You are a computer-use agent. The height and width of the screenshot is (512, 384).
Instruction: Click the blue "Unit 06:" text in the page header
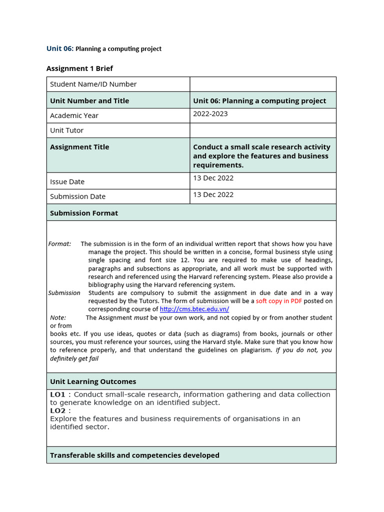tap(59, 48)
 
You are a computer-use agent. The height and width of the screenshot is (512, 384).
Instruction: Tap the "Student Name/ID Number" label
tap(93, 84)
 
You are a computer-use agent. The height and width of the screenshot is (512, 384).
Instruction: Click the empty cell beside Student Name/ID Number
tap(262, 84)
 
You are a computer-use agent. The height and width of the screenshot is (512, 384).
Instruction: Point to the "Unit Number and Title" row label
tap(89, 100)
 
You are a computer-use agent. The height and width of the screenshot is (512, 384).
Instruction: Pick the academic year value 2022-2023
tap(210, 113)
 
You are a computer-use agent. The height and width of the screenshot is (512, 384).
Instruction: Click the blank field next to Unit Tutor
tap(262, 130)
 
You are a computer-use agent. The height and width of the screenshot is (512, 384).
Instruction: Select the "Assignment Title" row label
tap(79, 147)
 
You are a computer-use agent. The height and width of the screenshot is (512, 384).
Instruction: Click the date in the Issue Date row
tap(213, 178)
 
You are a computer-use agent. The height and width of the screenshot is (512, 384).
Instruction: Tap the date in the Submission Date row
tap(213, 194)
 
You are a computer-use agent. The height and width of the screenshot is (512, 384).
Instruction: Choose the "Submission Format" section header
tap(84, 213)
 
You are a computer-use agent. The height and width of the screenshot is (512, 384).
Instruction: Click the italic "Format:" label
tap(59, 244)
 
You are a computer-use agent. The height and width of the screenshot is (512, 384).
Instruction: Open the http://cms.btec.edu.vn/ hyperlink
tap(194, 309)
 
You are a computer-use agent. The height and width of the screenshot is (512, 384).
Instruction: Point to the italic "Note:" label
tap(58, 317)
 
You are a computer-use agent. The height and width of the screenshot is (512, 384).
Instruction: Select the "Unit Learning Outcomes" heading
tap(93, 381)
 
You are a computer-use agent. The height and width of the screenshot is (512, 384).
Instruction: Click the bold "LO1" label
tap(57, 394)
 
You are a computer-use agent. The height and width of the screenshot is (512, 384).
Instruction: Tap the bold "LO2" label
tap(57, 410)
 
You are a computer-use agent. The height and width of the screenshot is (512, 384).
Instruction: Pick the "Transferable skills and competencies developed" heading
tap(134, 455)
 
